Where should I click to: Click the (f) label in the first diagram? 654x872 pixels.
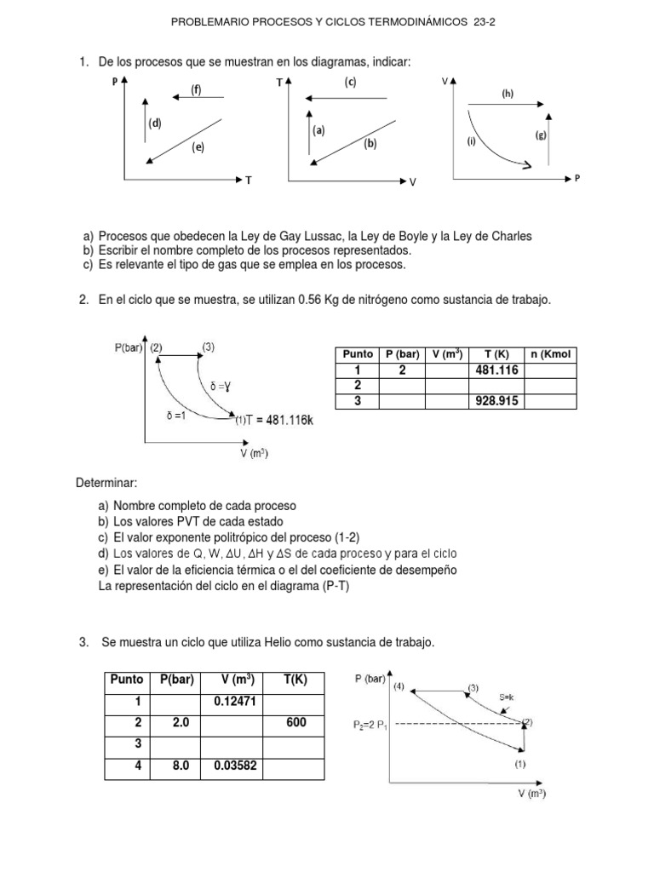[x=196, y=91]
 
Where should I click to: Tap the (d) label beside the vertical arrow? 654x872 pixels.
[x=155, y=123]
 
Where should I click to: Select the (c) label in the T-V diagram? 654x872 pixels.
[x=350, y=82]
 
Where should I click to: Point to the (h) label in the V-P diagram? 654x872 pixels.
[x=508, y=94]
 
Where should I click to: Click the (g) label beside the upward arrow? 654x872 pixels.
[x=541, y=135]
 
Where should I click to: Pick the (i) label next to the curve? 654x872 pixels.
[x=470, y=141]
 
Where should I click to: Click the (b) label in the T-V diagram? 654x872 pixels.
[x=370, y=144]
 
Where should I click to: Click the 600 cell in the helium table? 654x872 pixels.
[x=294, y=723]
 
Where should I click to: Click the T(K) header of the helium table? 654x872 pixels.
[x=294, y=680]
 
